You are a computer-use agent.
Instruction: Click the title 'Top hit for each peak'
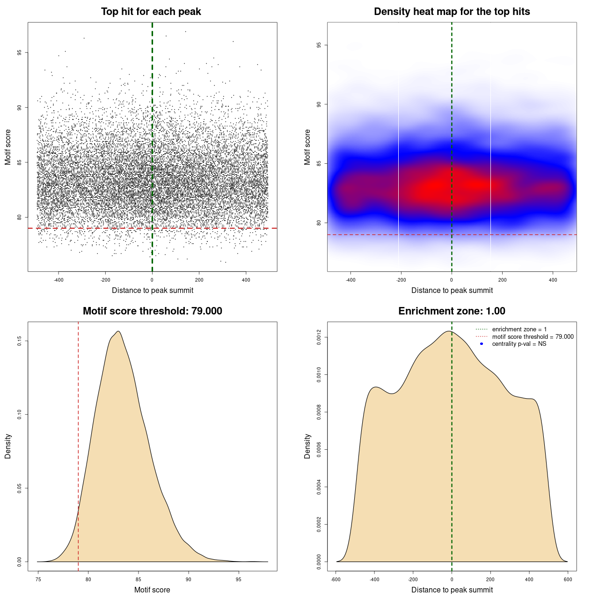[151, 12]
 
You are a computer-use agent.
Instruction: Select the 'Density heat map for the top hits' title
[452, 12]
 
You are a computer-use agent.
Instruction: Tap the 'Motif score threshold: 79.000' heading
[152, 311]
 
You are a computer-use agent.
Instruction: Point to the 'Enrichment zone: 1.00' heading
[452, 311]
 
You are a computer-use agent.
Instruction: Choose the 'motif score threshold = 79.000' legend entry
[533, 336]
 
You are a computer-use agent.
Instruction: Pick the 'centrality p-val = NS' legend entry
[519, 344]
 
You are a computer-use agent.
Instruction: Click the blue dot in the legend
[481, 344]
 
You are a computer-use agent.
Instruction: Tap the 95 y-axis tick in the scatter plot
[19, 52]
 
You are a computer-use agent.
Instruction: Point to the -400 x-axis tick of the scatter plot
[58, 280]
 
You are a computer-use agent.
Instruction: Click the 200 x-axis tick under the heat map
[502, 280]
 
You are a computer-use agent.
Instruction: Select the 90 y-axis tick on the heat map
[319, 104]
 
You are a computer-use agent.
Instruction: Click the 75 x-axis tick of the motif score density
[38, 579]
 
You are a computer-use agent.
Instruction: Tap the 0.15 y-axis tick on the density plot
[19, 341]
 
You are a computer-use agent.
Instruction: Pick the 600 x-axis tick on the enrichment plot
[568, 579]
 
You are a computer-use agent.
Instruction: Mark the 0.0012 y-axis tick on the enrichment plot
[319, 337]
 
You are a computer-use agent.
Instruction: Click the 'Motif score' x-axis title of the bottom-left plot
[152, 590]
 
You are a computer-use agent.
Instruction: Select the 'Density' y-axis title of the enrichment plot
[307, 446]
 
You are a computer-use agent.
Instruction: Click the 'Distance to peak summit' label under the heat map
[452, 290]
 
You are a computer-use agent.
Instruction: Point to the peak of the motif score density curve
[119, 331]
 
